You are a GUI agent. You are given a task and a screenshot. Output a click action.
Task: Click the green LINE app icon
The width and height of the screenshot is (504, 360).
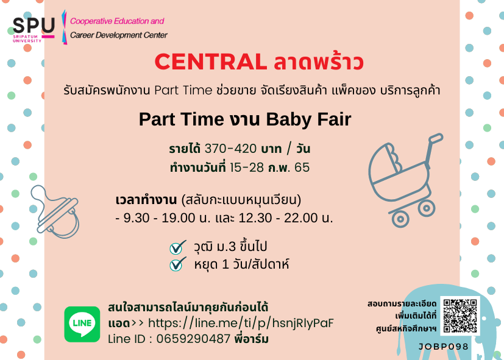click(82, 324)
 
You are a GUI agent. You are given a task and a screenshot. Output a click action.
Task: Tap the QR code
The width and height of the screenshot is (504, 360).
click(460, 316)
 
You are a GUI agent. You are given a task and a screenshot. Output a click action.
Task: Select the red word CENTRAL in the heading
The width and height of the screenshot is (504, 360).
click(210, 62)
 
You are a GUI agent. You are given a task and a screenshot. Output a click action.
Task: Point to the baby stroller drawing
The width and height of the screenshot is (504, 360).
click(406, 180)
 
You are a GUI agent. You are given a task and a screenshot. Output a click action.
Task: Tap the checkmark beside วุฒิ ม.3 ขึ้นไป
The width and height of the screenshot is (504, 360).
click(178, 247)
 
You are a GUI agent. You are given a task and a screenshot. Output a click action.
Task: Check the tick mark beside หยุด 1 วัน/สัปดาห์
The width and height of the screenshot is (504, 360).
click(178, 264)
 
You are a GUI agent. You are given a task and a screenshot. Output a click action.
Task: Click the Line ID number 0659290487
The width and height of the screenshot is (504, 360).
click(194, 339)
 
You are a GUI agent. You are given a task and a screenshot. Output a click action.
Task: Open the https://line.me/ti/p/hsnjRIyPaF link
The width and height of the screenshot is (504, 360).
click(241, 323)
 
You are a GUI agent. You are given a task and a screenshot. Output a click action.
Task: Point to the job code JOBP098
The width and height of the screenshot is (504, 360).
click(444, 347)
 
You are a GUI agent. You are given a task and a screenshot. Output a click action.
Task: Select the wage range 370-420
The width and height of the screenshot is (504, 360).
click(230, 149)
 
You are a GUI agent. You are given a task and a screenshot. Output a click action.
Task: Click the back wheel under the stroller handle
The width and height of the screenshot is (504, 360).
click(427, 208)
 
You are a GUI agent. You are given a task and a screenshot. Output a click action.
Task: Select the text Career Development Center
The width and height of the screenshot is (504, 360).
click(119, 35)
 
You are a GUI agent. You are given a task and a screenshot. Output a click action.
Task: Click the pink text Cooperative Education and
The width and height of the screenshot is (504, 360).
click(117, 21)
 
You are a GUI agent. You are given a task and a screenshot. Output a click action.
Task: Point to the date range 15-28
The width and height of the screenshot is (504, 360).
click(247, 168)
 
